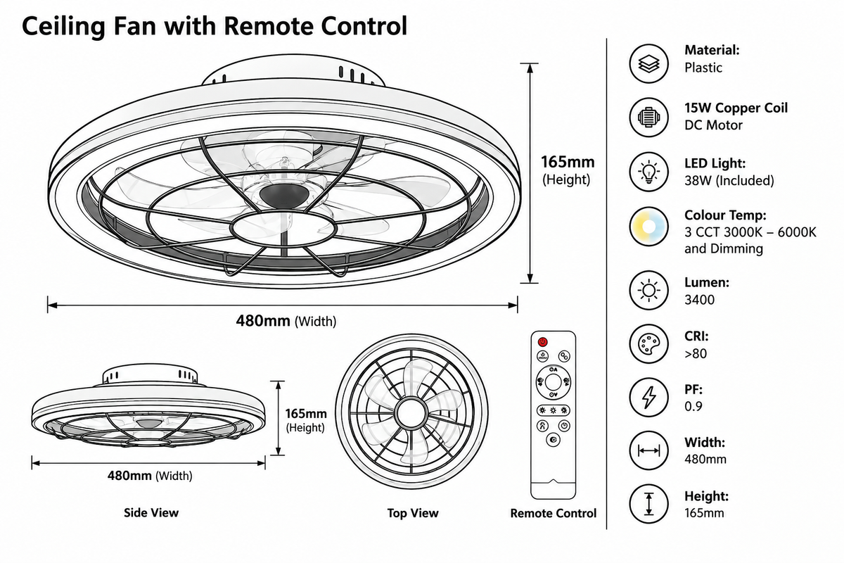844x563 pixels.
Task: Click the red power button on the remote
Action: [542, 342]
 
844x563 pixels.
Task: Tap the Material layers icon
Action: [648, 64]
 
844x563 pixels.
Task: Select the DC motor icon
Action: [648, 118]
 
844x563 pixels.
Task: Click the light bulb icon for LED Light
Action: [648, 172]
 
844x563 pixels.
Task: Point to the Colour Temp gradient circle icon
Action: [648, 227]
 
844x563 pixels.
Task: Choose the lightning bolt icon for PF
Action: [648, 398]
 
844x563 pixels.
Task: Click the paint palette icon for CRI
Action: [648, 344]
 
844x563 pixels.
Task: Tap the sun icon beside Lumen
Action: [648, 291]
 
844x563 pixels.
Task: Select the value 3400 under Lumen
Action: [699, 300]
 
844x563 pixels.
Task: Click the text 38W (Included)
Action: [729, 181]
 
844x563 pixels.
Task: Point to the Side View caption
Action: [151, 512]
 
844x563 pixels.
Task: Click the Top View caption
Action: [413, 513]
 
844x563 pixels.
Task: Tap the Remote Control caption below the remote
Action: [553, 513]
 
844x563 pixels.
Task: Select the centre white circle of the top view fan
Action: [411, 412]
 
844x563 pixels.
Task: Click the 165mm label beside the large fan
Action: [568, 162]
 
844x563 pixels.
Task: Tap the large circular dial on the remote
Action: [553, 382]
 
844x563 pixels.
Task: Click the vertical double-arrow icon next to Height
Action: [648, 504]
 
